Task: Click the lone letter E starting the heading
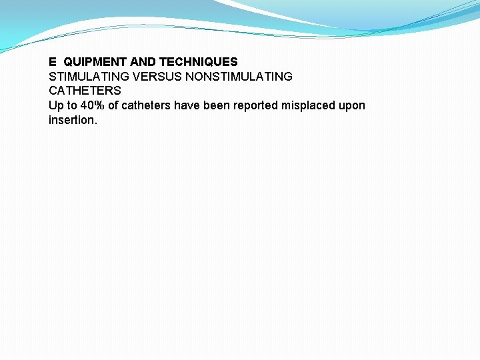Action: click(x=53, y=62)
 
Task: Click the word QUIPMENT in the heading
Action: click(x=93, y=62)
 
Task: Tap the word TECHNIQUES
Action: click(x=198, y=62)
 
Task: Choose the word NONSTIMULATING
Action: click(x=239, y=77)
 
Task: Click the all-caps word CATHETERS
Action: click(x=85, y=91)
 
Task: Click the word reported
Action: click(x=255, y=105)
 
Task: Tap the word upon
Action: click(x=353, y=106)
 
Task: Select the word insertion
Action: click(x=71, y=120)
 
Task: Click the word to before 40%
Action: click(x=71, y=105)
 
